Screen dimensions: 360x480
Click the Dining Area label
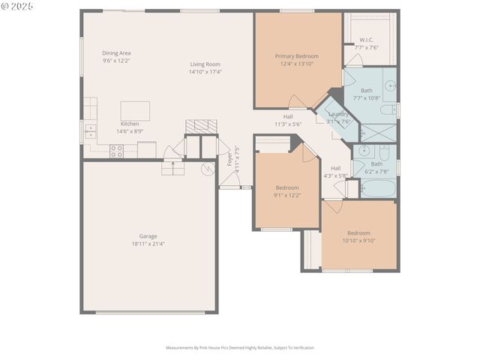pyautogui.click(x=116, y=53)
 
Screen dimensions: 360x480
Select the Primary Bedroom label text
pyautogui.click(x=296, y=56)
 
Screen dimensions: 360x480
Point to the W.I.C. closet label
pyautogui.click(x=367, y=40)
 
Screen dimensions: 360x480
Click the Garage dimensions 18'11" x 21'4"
pyautogui.click(x=148, y=244)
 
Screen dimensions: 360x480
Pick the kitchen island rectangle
pyautogui.click(x=135, y=110)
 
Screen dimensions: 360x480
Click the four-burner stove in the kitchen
pyautogui.click(x=117, y=150)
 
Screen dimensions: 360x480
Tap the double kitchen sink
pyautogui.click(x=91, y=132)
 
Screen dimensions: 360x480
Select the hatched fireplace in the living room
pyautogui.click(x=201, y=125)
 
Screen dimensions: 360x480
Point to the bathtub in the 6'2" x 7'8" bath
pyautogui.click(x=376, y=187)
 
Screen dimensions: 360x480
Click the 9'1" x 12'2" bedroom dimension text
pyautogui.click(x=287, y=195)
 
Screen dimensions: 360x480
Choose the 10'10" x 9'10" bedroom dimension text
pyautogui.click(x=358, y=241)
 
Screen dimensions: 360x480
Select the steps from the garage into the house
pyautogui.click(x=172, y=169)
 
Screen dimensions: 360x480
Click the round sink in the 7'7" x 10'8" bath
pyautogui.click(x=390, y=85)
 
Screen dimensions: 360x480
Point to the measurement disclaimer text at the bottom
pyautogui.click(x=240, y=348)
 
